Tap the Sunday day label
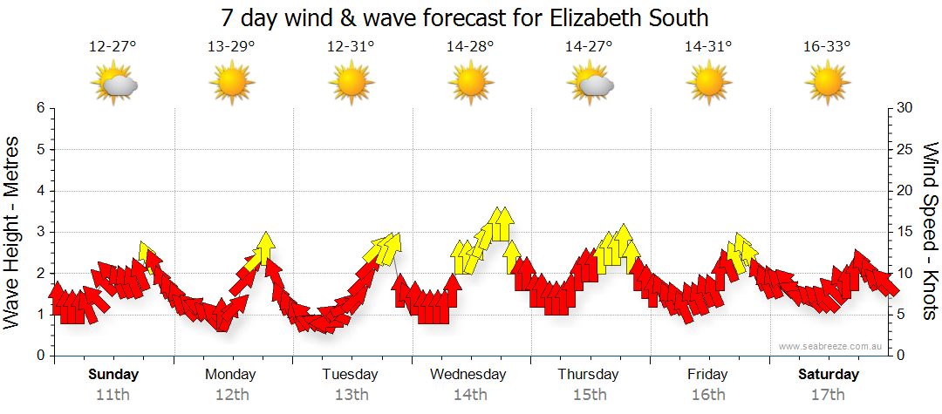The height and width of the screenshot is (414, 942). pos(113,374)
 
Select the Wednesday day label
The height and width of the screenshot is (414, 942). pos(468,374)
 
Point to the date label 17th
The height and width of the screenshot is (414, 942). pos(827,394)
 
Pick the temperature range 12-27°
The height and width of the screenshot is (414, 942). pos(113,47)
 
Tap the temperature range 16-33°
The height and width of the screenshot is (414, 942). pos(827,47)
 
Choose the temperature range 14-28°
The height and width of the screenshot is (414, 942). pos(470,47)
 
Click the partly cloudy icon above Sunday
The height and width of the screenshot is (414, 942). pos(114,84)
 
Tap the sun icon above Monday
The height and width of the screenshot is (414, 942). pos(231,84)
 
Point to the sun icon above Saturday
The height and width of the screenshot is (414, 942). pos(827,84)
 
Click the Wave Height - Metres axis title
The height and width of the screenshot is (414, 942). pos(12,231)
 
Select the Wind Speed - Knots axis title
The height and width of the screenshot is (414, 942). pos(929,231)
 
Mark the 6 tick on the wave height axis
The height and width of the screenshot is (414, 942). pos(40,108)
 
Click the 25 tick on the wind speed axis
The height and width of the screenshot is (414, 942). pos(904,149)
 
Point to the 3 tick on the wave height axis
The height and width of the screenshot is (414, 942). pos(40,232)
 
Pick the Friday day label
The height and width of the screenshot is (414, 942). pos(707,374)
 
